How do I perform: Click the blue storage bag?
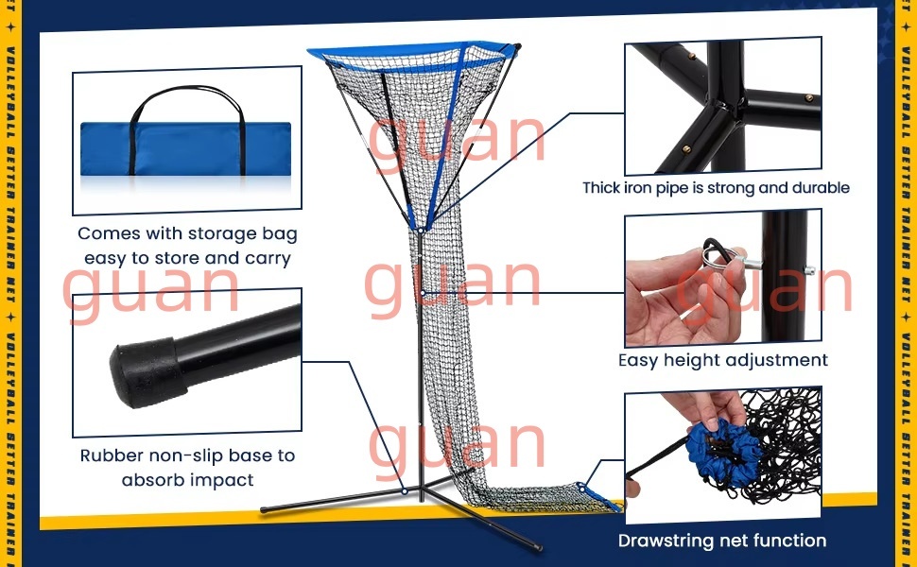[185, 148]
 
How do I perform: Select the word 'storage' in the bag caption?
[221, 233]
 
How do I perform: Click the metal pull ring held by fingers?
[717, 253]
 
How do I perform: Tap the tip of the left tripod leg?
[264, 509]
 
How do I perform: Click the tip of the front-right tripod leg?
[539, 548]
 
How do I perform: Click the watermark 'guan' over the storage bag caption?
[151, 289]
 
